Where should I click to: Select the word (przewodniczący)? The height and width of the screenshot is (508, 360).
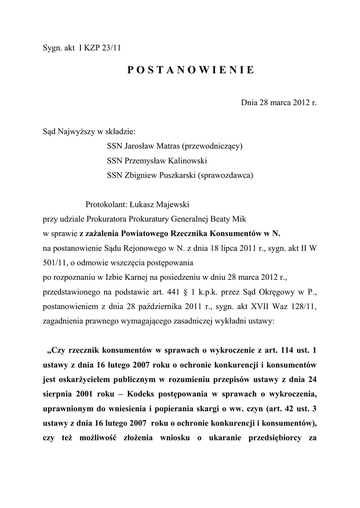[x=212, y=146]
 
